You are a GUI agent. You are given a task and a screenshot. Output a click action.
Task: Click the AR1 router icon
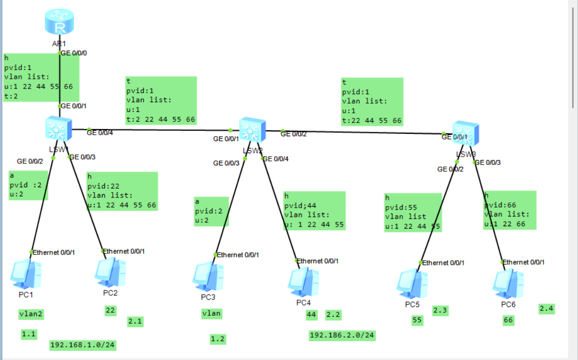click(59, 22)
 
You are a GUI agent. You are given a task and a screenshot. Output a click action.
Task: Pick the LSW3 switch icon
click(465, 134)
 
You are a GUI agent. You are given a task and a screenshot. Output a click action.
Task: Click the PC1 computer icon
click(25, 274)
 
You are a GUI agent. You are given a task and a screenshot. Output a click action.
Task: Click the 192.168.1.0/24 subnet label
click(83, 345)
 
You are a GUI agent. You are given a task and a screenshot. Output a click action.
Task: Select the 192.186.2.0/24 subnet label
click(343, 335)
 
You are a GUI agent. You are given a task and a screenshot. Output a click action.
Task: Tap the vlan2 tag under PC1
click(31, 314)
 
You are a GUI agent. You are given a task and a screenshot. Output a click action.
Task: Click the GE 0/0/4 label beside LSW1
click(100, 132)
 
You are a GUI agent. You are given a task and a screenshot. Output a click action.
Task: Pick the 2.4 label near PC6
click(546, 308)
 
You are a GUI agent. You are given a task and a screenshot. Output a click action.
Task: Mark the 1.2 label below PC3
click(217, 339)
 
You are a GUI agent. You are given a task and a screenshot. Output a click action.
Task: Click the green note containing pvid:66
click(509, 210)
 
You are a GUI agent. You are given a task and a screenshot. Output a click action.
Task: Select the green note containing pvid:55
click(413, 213)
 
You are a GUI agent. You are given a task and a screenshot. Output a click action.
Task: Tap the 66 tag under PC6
click(508, 320)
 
